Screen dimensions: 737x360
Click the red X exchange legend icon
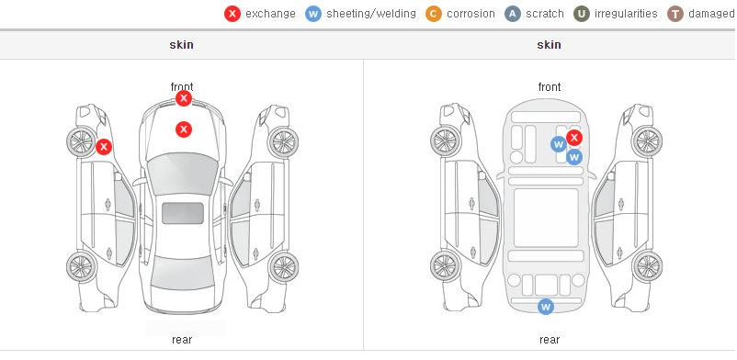click(x=232, y=14)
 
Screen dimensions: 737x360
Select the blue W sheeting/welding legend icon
click(x=313, y=14)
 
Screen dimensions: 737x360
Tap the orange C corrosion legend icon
click(x=434, y=14)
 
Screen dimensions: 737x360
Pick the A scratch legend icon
click(x=513, y=14)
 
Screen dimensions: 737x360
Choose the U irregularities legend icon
click(x=582, y=14)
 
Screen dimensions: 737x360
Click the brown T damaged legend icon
click(x=675, y=14)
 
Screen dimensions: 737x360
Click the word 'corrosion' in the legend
click(x=471, y=14)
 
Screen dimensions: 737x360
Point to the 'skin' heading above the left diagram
click(x=181, y=45)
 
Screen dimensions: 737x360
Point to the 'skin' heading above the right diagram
click(x=549, y=45)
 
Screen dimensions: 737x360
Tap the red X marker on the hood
click(x=184, y=129)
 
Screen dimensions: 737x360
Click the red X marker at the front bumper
click(x=184, y=98)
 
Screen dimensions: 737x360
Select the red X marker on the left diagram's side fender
click(x=104, y=147)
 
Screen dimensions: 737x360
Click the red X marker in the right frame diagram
click(x=574, y=138)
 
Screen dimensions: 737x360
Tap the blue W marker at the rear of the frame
click(x=546, y=307)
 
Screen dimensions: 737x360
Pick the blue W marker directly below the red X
click(x=574, y=157)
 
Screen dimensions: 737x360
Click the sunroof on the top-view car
click(x=183, y=213)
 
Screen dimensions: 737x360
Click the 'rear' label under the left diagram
click(x=182, y=340)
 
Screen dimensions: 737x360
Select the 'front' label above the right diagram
click(x=550, y=87)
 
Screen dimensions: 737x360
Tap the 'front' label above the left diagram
click(x=182, y=86)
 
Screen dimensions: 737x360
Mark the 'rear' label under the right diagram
click(x=550, y=340)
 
